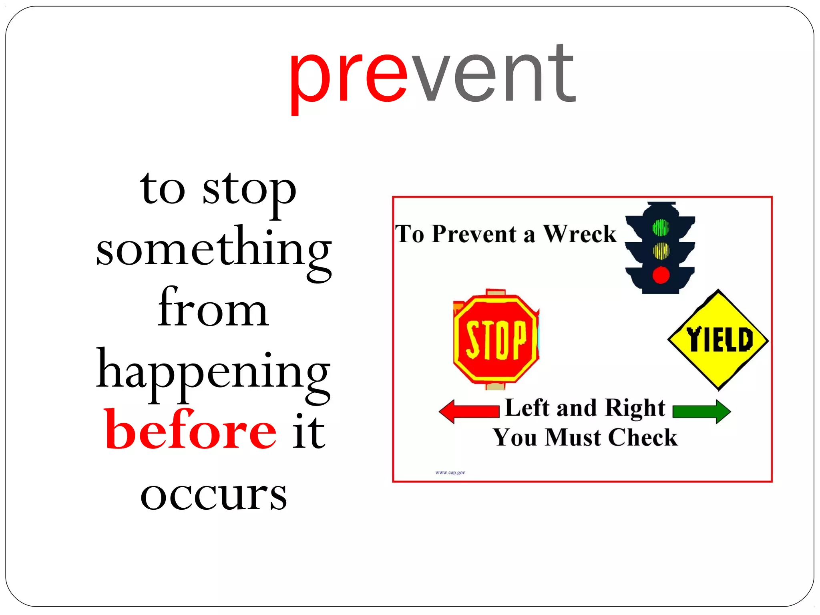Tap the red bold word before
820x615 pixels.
(x=191, y=430)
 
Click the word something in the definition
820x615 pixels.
(x=214, y=250)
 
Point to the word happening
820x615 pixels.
(x=213, y=372)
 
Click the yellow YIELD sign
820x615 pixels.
(x=718, y=340)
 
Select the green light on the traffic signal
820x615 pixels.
(x=661, y=227)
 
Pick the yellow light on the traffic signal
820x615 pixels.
(x=661, y=251)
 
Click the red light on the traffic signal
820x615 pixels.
(x=661, y=275)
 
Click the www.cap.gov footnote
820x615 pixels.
(x=450, y=472)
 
